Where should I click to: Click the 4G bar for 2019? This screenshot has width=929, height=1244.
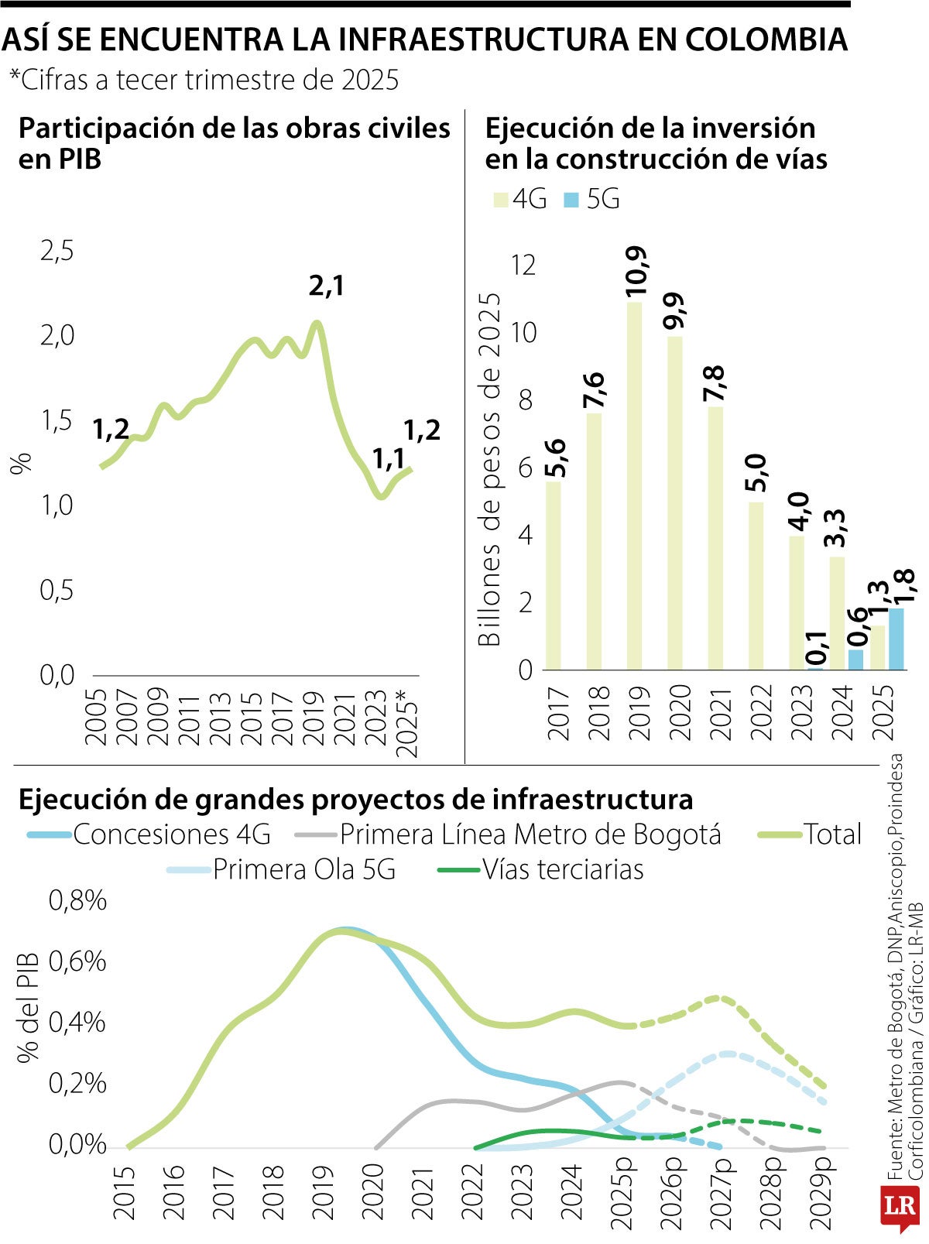634,486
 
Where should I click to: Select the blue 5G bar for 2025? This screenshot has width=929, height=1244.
896,639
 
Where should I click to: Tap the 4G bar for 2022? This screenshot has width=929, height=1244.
756,586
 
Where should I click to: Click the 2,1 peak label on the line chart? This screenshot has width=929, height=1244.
326,286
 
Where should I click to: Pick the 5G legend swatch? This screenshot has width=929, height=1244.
571,200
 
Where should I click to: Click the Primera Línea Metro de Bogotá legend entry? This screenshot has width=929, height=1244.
509,834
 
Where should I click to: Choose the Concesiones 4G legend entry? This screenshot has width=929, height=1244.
149,834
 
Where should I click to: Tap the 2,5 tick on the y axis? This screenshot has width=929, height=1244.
57,251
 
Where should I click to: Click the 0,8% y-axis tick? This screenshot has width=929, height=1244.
77,900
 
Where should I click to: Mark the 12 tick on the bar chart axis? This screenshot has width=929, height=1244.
523,266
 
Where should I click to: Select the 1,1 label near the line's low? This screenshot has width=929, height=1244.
388,460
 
